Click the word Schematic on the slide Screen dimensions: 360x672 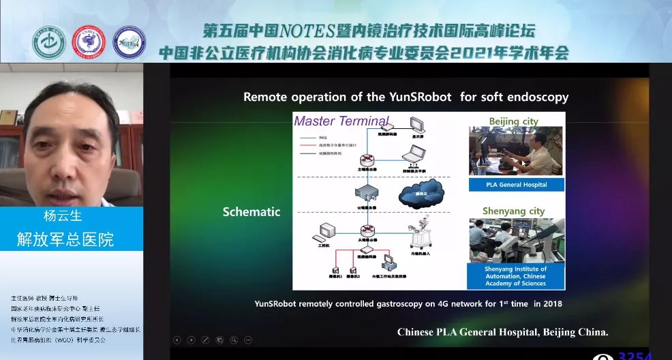coord(251,212)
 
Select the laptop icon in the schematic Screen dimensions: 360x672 coord(412,158)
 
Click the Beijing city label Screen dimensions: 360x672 coord(513,121)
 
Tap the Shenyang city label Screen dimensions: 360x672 coord(513,211)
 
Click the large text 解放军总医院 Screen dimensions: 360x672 coord(65,239)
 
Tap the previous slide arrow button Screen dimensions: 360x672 coord(177,339)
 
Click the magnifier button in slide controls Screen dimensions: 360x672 coord(234,339)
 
